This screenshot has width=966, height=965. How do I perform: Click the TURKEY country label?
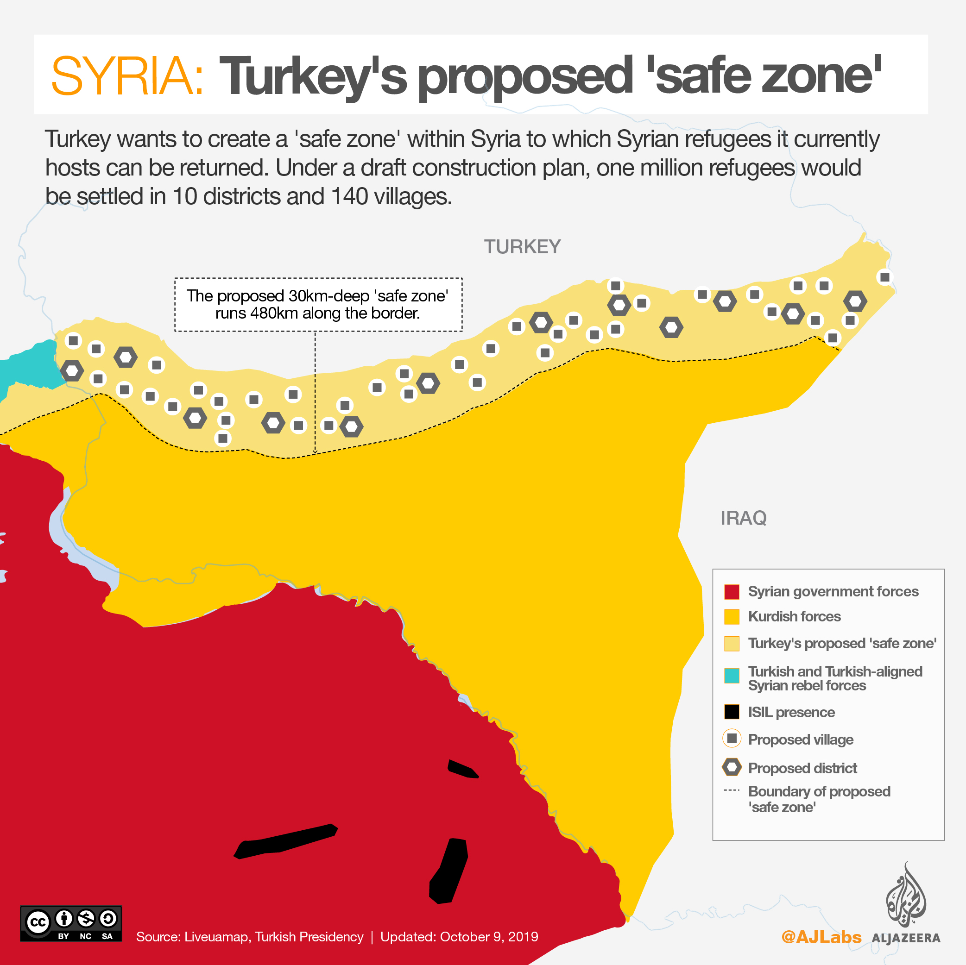pos(522,247)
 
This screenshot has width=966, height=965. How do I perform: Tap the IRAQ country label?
pos(743,518)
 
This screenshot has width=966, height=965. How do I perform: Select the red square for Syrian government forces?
pos(732,592)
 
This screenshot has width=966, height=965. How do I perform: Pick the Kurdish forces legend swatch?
pos(732,617)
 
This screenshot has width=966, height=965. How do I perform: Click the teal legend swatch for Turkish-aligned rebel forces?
pos(732,675)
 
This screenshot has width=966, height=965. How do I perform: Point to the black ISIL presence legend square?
pos(732,712)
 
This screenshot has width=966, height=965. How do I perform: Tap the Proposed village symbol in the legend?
pos(732,738)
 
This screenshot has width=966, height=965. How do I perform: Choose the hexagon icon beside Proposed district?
pos(732,767)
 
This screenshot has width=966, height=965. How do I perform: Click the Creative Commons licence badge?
pos(70,923)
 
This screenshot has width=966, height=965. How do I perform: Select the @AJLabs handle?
pos(821,937)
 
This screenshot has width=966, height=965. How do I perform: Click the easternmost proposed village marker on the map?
pos(884,277)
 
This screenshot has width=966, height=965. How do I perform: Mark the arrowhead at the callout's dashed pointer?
pos(315,452)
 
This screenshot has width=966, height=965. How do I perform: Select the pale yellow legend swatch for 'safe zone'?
pos(732,644)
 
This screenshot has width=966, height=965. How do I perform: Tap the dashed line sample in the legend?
pos(732,790)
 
